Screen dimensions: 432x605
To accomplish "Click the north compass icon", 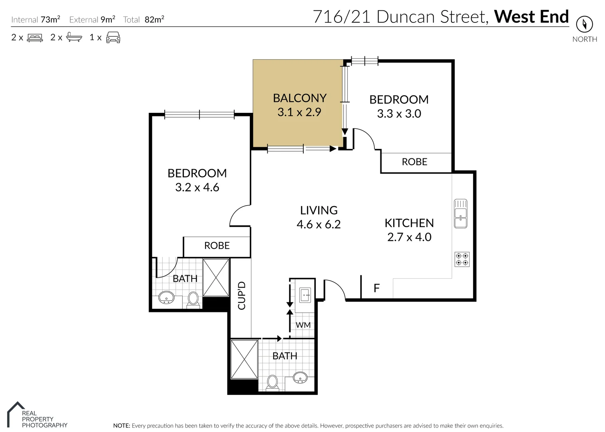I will click(584, 24).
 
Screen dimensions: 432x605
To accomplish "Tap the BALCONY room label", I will click(300, 98).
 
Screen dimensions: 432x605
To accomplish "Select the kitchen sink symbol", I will click(460, 214).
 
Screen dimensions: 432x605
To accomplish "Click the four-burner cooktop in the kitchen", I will click(462, 259).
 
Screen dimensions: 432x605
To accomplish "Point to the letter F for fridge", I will click(376, 288).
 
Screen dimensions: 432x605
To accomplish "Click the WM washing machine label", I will click(303, 325).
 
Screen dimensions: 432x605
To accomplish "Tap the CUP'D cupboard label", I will click(241, 296).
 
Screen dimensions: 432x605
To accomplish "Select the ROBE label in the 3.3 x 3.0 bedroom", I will click(414, 162).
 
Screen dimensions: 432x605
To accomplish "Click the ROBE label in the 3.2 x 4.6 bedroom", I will click(217, 246).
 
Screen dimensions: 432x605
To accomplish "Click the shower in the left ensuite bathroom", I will click(216, 278).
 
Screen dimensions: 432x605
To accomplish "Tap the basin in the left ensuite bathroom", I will click(166, 297).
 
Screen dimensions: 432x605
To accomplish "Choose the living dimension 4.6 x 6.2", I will click(318, 224).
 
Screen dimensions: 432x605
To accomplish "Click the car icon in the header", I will click(113, 37).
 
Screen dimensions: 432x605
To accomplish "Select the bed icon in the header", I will click(35, 38).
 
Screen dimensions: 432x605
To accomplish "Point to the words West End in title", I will click(531, 17).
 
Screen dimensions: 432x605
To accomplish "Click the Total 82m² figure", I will click(154, 19).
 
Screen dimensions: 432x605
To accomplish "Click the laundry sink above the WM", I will click(305, 295).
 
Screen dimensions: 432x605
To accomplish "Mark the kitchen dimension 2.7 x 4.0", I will click(409, 237).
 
